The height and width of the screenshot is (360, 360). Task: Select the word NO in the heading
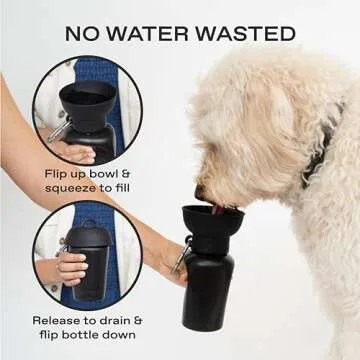coord(82,33)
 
